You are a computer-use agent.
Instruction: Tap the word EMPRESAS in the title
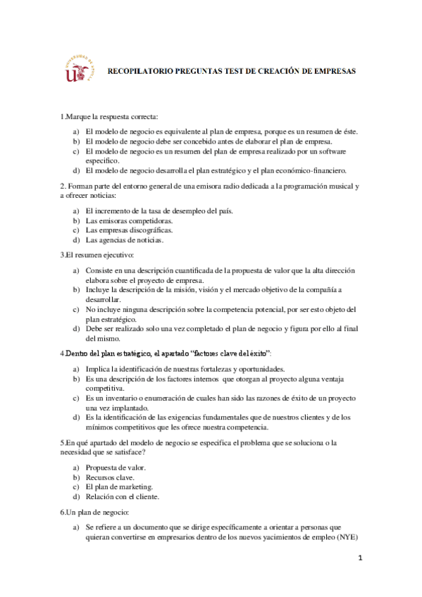pyautogui.click(x=333, y=71)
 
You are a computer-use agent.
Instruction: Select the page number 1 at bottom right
pyautogui.click(x=359, y=558)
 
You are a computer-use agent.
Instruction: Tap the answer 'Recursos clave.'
pyautogui.click(x=111, y=477)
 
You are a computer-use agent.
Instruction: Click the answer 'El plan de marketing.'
pyautogui.click(x=119, y=486)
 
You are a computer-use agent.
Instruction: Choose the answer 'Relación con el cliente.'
pyautogui.click(x=122, y=496)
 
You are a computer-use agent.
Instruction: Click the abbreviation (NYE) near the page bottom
pyautogui.click(x=346, y=539)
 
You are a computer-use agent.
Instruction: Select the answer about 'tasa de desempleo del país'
pyautogui.click(x=159, y=210)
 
